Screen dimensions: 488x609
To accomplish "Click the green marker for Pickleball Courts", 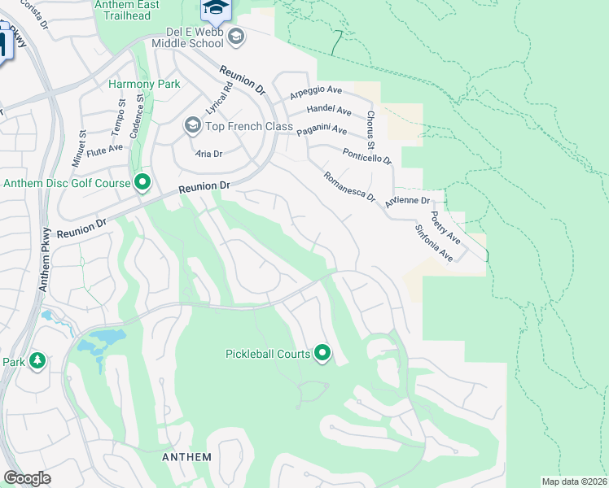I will (x=322, y=353).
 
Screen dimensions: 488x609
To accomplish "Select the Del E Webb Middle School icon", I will (x=236, y=36).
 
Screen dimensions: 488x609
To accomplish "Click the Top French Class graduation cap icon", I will (x=192, y=126).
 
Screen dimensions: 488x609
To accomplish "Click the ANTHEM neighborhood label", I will (x=186, y=457).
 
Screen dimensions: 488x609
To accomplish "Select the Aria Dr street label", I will (x=208, y=153).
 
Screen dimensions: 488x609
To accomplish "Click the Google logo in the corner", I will (x=27, y=478).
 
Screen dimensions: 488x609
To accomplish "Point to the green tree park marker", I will (x=37, y=360).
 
